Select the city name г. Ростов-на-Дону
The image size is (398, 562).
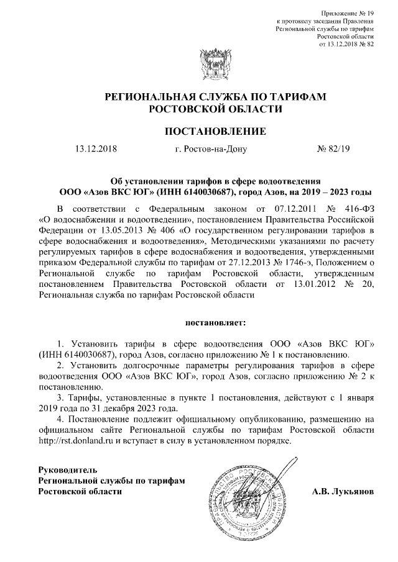coord(211,149)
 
